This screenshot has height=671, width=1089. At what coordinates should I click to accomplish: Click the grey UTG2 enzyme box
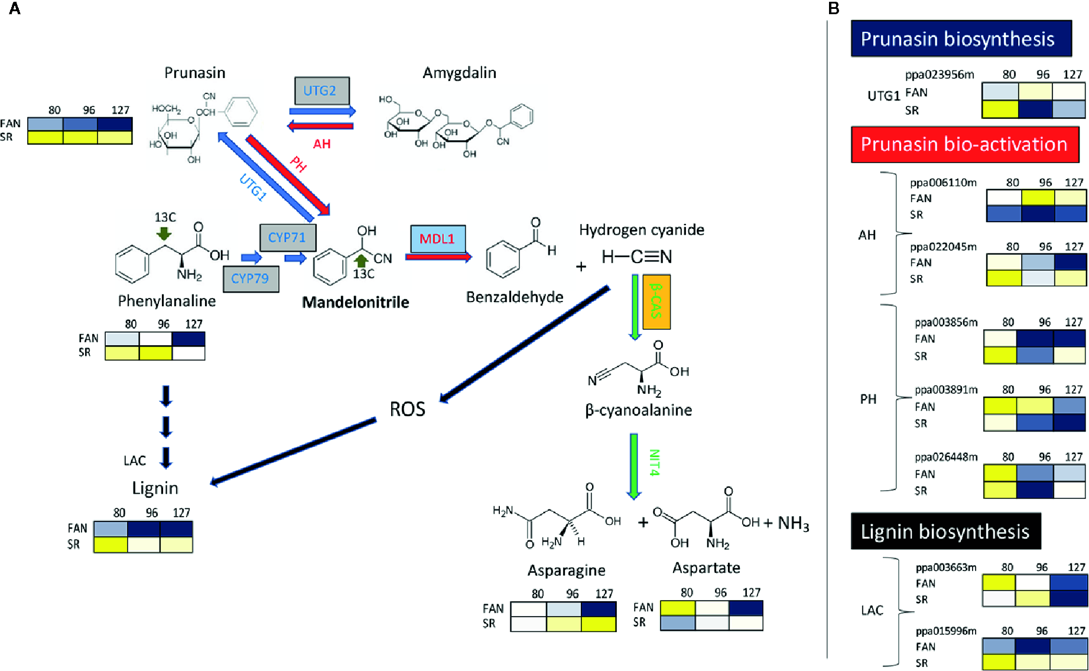click(x=321, y=91)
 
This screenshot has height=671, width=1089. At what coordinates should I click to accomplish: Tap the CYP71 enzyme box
click(x=287, y=238)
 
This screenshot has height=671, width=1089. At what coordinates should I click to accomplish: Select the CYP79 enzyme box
click(x=251, y=278)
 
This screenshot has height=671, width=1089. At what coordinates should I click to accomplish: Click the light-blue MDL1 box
click(x=437, y=239)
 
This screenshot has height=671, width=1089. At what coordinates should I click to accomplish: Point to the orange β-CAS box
click(x=656, y=302)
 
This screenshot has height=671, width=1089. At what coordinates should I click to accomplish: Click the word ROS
click(x=407, y=409)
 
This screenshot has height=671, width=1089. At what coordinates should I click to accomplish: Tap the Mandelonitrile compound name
click(x=355, y=303)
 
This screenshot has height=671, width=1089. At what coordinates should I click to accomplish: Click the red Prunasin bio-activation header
click(x=964, y=144)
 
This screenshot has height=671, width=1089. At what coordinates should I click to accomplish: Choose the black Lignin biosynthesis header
click(x=945, y=531)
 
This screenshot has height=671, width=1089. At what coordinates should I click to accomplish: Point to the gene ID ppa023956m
click(x=940, y=74)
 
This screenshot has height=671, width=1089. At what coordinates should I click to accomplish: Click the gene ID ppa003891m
click(x=946, y=390)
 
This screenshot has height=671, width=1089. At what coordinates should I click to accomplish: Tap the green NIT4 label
click(x=654, y=462)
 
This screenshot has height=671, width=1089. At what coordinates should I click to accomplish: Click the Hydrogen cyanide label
click(x=641, y=230)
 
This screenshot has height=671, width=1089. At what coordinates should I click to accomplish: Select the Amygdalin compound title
click(x=459, y=73)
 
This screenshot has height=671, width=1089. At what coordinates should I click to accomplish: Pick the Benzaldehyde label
click(x=514, y=297)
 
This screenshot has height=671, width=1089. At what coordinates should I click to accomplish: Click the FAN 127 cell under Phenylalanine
click(x=188, y=339)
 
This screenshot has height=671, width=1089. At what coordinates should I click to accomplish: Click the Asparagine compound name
click(x=566, y=570)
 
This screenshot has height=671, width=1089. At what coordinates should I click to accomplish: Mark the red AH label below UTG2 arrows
click(x=322, y=144)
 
